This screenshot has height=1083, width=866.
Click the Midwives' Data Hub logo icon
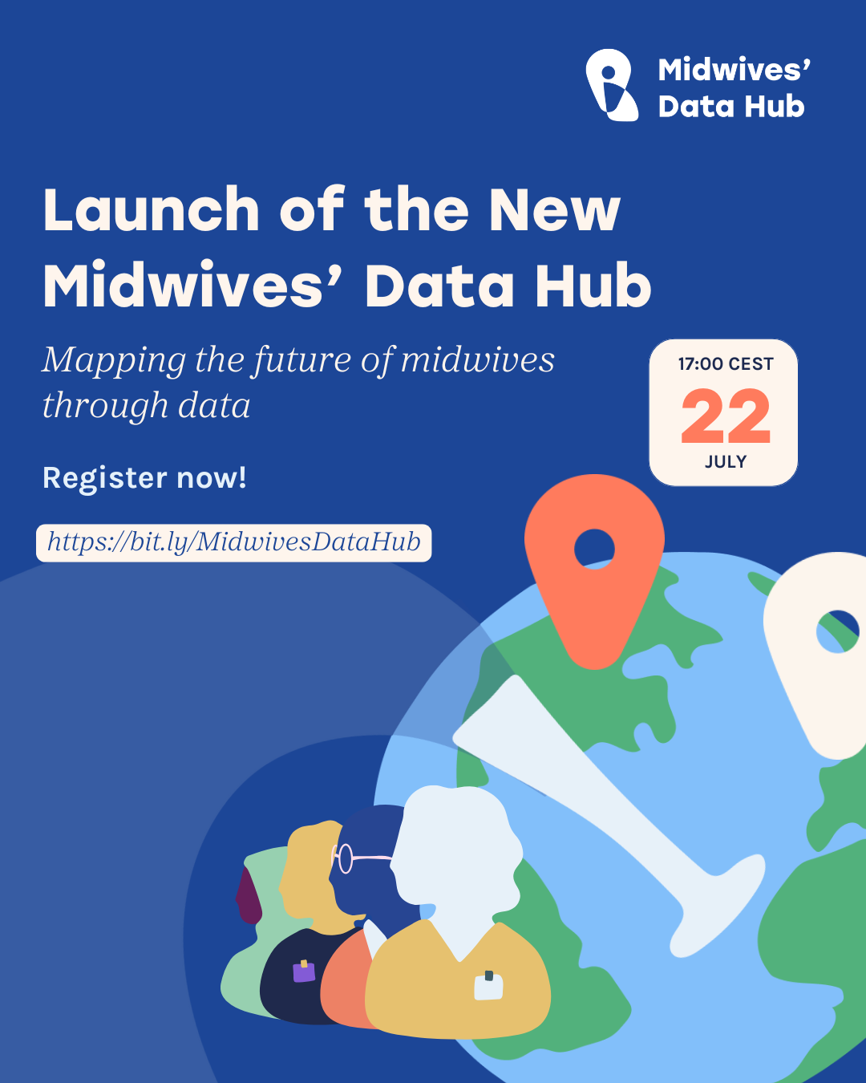(x=612, y=85)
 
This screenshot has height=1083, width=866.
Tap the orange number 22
(x=725, y=416)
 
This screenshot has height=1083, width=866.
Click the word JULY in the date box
(x=726, y=461)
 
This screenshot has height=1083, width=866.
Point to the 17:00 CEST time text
(x=726, y=364)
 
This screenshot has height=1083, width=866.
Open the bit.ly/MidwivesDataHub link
(x=234, y=542)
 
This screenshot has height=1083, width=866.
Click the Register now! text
(x=144, y=477)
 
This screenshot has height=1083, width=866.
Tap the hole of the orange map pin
(x=594, y=549)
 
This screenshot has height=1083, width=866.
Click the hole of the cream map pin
(x=837, y=631)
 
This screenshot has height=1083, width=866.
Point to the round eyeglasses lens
(x=345, y=858)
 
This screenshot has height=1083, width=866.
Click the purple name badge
(x=304, y=971)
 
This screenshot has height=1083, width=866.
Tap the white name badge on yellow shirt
(x=488, y=987)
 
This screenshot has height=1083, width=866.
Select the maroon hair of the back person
(x=248, y=897)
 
